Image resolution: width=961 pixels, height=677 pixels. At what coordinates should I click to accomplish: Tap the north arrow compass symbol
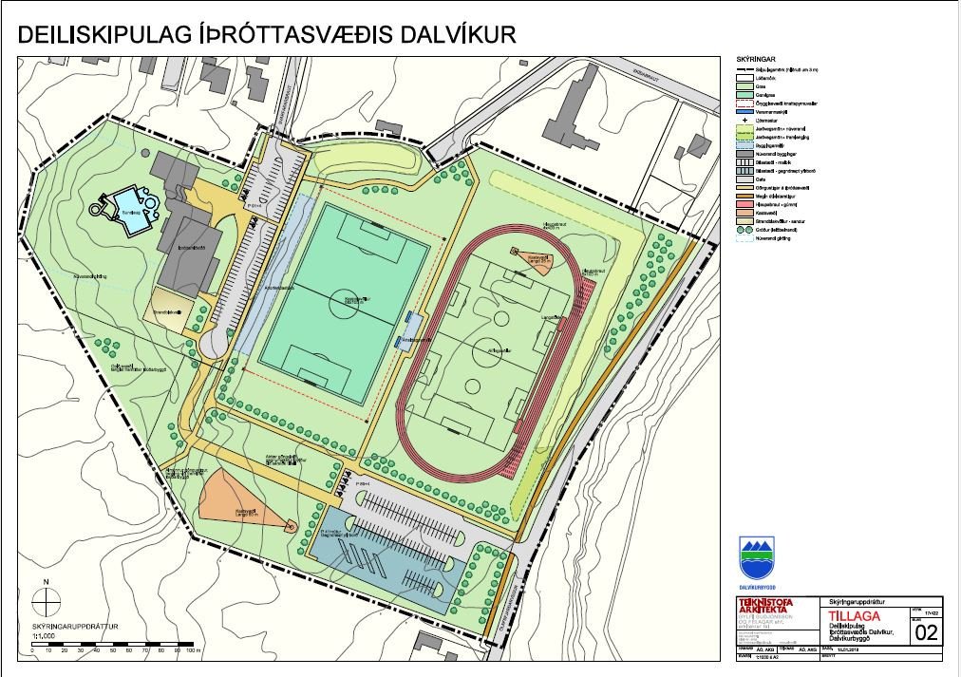click(x=45, y=601)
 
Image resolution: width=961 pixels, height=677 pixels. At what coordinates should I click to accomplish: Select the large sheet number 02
click(x=927, y=632)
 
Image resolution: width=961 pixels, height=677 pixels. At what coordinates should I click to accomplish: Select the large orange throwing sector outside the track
click(x=237, y=494)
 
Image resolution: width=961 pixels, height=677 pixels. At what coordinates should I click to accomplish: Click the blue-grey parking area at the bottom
click(x=399, y=560)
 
